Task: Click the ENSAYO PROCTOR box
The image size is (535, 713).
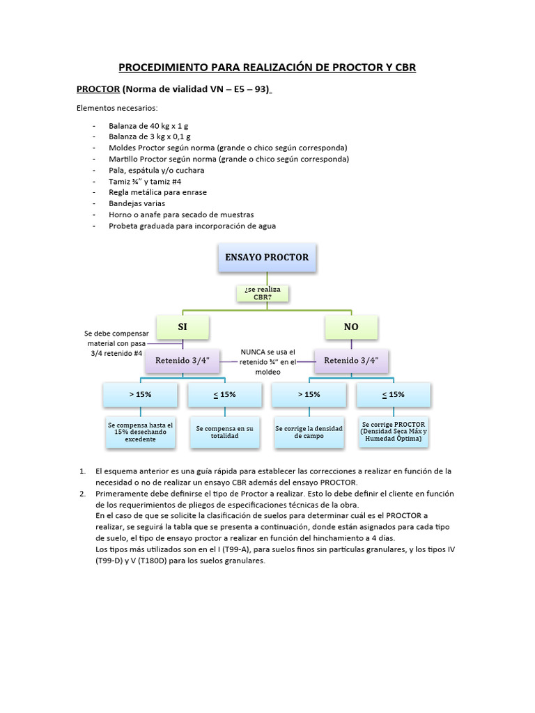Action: click(267, 258)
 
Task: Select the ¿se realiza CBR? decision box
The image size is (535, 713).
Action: click(263, 292)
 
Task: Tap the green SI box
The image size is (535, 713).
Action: click(183, 327)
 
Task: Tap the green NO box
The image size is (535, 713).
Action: click(351, 327)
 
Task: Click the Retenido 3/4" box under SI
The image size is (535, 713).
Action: click(183, 361)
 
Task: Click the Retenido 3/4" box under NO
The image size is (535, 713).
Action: click(352, 361)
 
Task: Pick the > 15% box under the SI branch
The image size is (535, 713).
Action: click(140, 394)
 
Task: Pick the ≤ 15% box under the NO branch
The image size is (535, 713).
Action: click(394, 394)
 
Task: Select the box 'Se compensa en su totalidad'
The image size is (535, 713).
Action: click(225, 432)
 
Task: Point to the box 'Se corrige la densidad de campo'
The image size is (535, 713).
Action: click(309, 432)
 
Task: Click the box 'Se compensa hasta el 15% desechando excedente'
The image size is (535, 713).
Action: click(140, 432)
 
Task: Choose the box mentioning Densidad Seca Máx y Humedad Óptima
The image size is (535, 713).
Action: click(394, 431)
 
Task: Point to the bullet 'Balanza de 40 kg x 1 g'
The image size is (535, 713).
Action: click(148, 126)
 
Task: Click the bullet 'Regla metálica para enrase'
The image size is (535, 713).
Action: click(157, 192)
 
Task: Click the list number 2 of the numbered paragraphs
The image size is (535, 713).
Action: click(84, 494)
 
